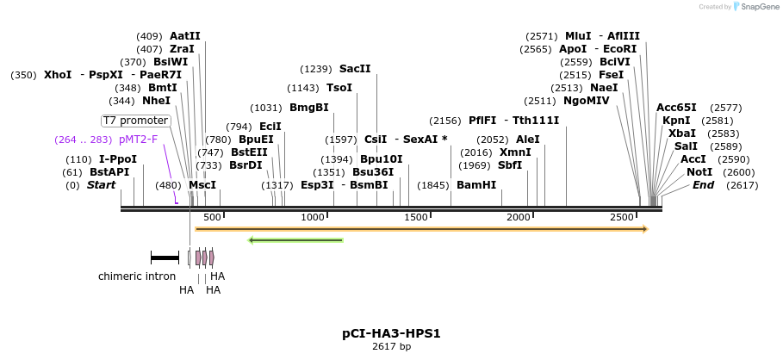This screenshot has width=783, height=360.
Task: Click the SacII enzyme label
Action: coord(355,69)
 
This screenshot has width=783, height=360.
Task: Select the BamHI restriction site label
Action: coord(476,185)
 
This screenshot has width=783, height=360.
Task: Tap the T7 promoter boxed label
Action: coord(135,121)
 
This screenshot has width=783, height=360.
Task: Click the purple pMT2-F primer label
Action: coord(138,140)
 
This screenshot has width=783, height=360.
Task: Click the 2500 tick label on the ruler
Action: coord(622,218)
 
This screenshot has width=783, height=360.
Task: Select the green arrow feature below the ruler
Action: coord(295,240)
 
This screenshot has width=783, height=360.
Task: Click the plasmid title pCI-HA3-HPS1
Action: coord(391,333)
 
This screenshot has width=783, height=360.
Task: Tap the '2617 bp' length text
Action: coord(391,347)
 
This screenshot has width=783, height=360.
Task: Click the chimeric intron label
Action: coord(137,276)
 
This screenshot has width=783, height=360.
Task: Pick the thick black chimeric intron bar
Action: coord(165,257)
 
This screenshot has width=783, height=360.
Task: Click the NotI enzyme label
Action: coord(699,172)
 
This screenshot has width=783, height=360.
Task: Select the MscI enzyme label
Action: coord(202,185)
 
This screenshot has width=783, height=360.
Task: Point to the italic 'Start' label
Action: coord(102,185)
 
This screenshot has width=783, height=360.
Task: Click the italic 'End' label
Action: coord(704,185)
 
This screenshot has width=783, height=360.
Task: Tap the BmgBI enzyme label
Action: coord(308,108)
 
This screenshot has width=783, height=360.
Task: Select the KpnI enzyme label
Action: coord(676,121)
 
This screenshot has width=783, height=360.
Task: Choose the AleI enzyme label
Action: coord(527,140)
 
